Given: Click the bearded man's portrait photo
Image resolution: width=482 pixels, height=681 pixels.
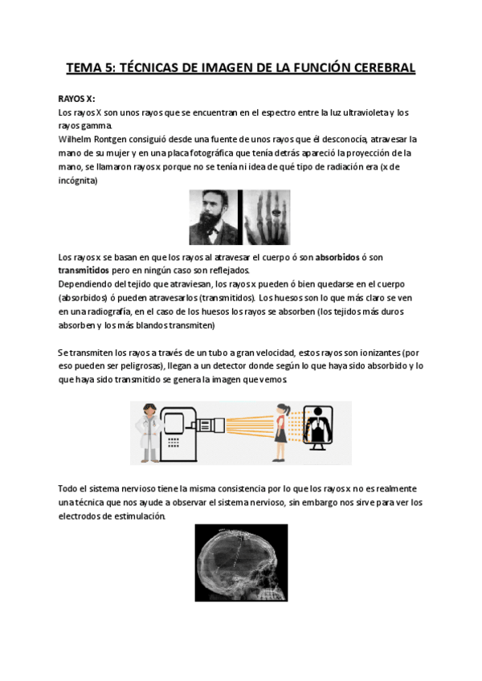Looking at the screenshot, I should pos(214,217).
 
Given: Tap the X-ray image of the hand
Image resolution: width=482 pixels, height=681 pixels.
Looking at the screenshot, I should pos(266,217).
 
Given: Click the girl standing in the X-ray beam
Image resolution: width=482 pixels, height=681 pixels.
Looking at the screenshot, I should pos(283,430).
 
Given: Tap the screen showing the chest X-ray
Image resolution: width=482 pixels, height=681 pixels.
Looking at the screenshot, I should pos(320,423).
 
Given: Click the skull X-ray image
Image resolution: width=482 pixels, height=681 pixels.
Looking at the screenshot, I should pos(240,562).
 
